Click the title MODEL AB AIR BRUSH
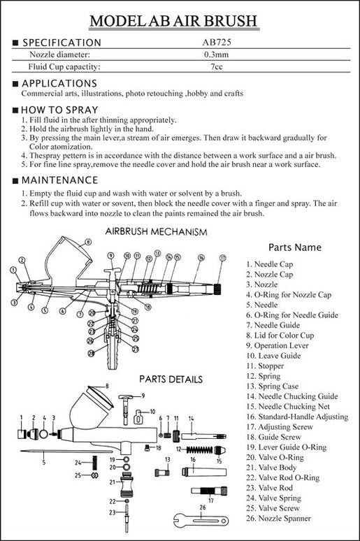[173, 21]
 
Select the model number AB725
[217, 42]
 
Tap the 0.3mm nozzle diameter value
[217, 55]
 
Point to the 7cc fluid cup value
[217, 66]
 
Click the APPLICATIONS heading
[59, 83]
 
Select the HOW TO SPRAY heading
[59, 110]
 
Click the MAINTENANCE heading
[59, 180]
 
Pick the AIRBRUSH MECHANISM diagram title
[156, 232]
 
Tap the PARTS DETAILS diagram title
[171, 380]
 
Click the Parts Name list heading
[295, 247]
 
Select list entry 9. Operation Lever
[277, 346]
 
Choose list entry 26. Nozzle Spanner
[278, 518]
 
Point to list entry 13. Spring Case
[273, 387]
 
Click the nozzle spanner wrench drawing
[201, 520]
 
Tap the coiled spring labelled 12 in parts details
[199, 449]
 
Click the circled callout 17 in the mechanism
[222, 258]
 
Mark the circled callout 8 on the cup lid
[88, 242]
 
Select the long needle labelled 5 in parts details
[66, 452]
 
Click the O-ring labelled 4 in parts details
[43, 433]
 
